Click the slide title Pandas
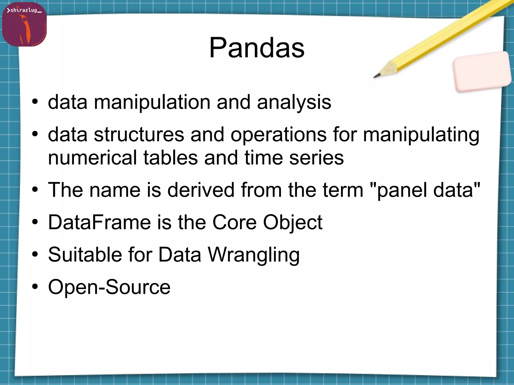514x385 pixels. coord(257,48)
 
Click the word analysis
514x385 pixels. coord(294,103)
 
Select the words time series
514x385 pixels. coord(294,158)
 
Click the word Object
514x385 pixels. coord(292,223)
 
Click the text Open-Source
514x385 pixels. coord(109,287)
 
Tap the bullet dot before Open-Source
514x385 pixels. coord(35,287)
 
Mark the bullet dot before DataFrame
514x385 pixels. coord(35,222)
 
